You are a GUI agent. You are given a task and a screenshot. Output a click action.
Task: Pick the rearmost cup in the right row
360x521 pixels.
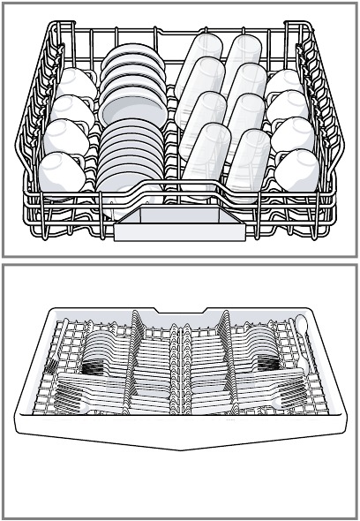point(284,84)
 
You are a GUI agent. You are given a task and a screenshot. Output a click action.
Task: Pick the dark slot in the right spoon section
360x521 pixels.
point(265,362)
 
